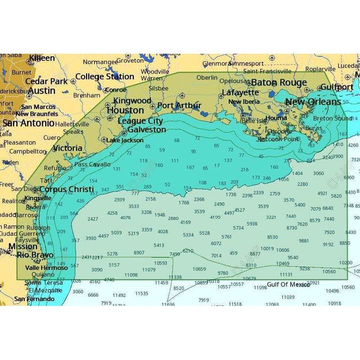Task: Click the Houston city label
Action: pos(125,110)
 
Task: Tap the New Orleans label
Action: pos(313,102)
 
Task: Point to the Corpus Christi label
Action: pos(66,190)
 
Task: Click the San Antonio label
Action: pos(28,123)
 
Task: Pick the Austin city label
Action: pos(42,91)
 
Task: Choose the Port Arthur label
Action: pos(179,105)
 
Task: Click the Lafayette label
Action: pos(240,92)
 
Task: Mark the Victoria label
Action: pos(67,148)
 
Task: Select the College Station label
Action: pos(105,76)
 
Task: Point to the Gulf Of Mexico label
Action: pos(288,285)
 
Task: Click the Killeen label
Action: pos(42,58)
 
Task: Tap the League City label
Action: pos(141,121)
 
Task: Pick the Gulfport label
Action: pos(336,87)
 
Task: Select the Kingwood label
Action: pos(132,101)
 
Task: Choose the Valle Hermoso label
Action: pos(47,268)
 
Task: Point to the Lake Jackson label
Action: pos(125,140)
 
